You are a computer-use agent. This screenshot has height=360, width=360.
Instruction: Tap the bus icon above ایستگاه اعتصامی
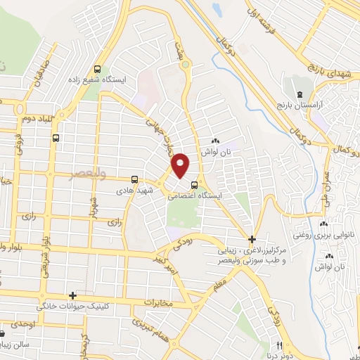point(194,185)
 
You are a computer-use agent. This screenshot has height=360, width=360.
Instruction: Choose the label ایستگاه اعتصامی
point(194,197)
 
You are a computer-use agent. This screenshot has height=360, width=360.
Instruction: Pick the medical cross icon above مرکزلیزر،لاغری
point(252,239)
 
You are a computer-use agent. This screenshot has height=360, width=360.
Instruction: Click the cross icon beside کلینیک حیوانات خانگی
point(72,296)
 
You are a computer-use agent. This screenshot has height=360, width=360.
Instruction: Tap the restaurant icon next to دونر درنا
point(280,345)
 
